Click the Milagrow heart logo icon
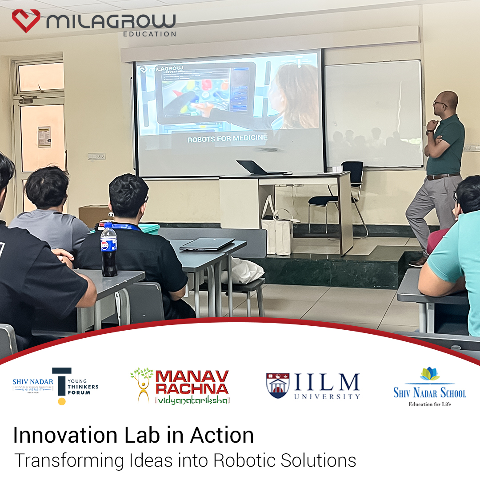pos(26,20)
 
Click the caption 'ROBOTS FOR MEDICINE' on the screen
pos(227,139)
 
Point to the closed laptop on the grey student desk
pos(207,244)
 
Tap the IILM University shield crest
pos(278,385)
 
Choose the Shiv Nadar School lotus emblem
pos(429,374)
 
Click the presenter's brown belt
pos(443,176)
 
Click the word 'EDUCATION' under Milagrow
pos(149,34)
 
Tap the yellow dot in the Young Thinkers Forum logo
pos(62,401)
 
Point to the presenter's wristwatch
pos(429,132)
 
